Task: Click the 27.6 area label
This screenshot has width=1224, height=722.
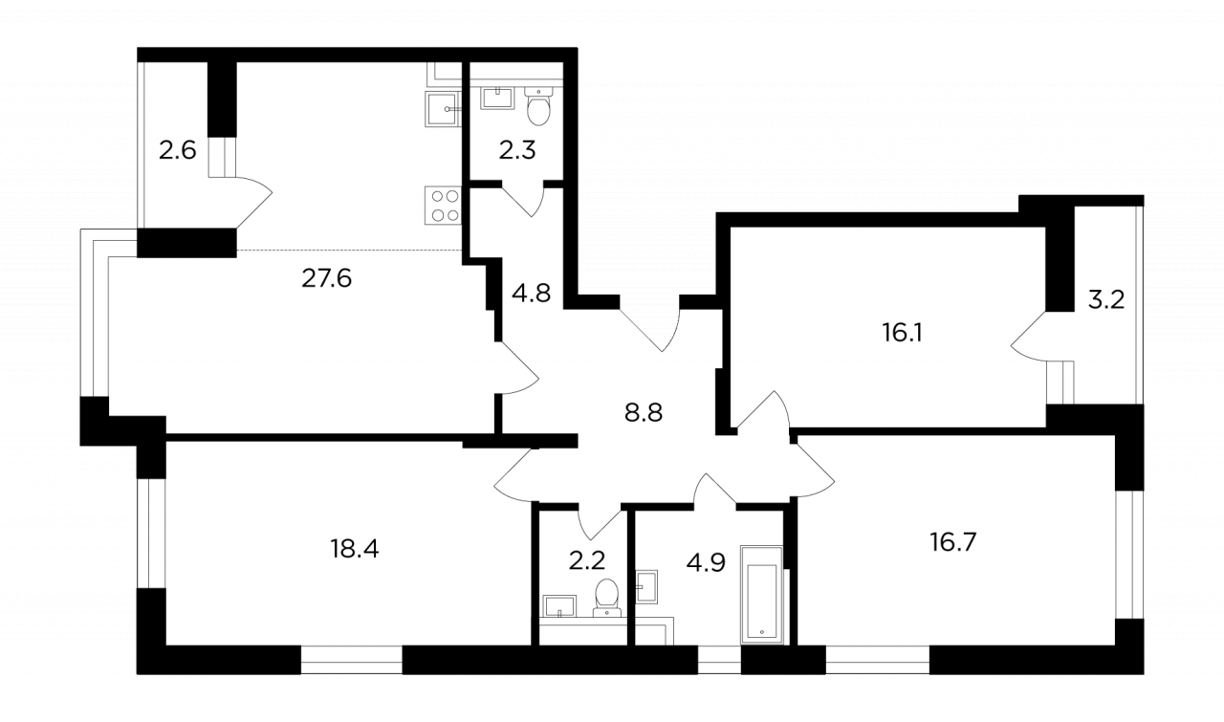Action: pos(326,278)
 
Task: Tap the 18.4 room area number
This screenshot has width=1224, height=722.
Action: pos(354,548)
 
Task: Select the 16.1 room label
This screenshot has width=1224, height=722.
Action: pos(902,332)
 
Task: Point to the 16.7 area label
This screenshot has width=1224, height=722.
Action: pos(953,543)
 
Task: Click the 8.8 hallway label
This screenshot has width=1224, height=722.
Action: pos(644,413)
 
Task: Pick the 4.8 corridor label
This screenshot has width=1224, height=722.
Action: pos(531,293)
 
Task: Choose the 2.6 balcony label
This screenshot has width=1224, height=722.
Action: pos(177,150)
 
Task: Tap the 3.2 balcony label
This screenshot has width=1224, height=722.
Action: pos(1106,299)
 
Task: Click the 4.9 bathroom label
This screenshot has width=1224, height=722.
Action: pos(706,562)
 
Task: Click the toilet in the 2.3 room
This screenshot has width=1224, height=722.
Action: pos(538,106)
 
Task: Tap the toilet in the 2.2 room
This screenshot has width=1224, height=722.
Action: pos(606,598)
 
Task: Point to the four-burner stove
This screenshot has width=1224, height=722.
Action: pos(444,205)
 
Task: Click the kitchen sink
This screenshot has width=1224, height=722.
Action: pos(443,109)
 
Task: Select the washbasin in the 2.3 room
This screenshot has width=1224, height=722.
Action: pos(497,98)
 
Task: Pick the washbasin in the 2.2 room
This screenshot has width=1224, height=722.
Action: pos(559,606)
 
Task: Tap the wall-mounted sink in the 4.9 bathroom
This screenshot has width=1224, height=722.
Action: pos(646,587)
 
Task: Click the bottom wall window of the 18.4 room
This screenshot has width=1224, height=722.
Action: pos(352,660)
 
